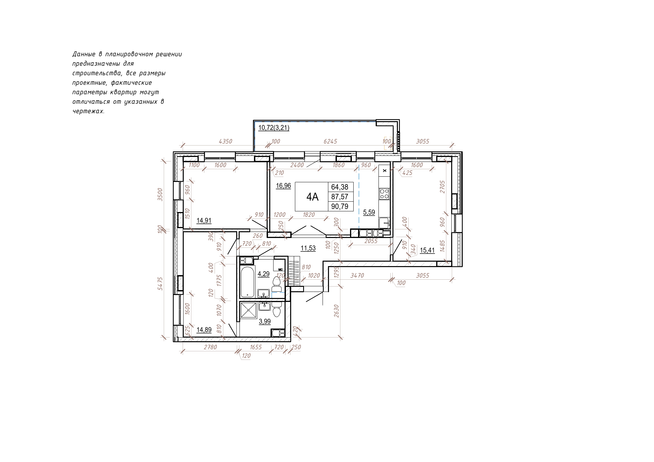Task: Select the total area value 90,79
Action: [340, 206]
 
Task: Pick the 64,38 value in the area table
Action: [340, 187]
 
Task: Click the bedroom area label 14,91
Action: [204, 220]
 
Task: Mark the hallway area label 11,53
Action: [308, 248]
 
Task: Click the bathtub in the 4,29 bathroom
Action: [247, 282]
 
